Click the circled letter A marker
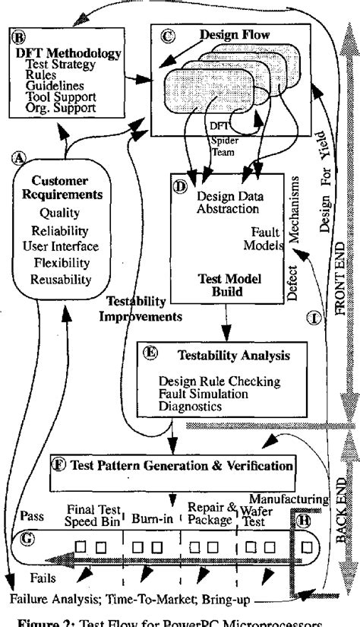click(17, 157)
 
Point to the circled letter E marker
click(150, 353)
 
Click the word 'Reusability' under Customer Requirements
click(61, 280)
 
